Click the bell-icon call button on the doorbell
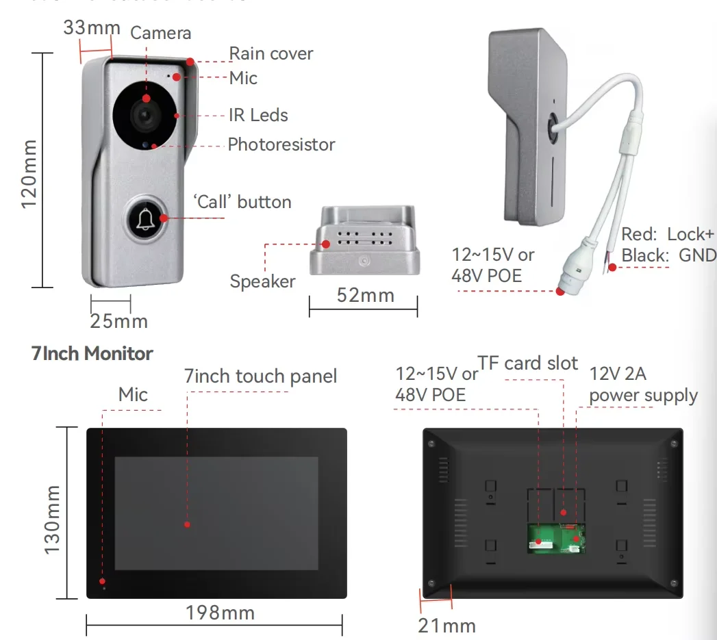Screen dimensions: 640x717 [x=144, y=218]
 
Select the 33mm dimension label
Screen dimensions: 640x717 [x=92, y=28]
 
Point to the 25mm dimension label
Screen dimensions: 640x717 [x=118, y=320]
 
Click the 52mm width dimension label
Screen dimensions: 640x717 [x=366, y=295]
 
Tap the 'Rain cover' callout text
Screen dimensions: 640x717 [x=271, y=53]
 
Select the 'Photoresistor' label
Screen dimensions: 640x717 [x=281, y=144]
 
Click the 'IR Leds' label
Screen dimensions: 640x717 [x=258, y=115]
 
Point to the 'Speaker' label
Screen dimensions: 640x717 [x=262, y=281]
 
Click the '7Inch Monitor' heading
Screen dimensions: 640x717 [x=92, y=353]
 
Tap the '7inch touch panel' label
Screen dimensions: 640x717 [x=260, y=376]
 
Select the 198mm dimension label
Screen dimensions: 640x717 [x=220, y=613]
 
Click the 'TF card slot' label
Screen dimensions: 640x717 [x=527, y=363]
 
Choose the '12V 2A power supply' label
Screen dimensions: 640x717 [x=643, y=385]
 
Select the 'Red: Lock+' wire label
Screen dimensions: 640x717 [x=667, y=234]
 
